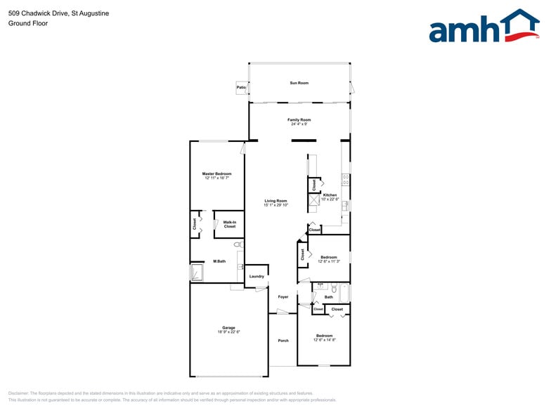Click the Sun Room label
pyautogui.click(x=299, y=83)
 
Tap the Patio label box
pyautogui.click(x=241, y=88)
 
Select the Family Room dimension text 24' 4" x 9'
pyautogui.click(x=299, y=124)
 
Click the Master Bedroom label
pyautogui.click(x=216, y=173)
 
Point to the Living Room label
pyautogui.click(x=275, y=201)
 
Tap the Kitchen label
pyautogui.click(x=330, y=195)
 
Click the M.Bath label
pyautogui.click(x=219, y=261)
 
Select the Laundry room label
pyautogui.click(x=257, y=276)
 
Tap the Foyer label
pyautogui.click(x=283, y=296)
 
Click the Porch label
pyautogui.click(x=283, y=341)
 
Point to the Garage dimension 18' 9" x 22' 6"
pyautogui.click(x=228, y=332)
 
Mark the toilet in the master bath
pyautogui.click(x=238, y=245)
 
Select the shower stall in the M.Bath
pyautogui.click(x=197, y=273)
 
